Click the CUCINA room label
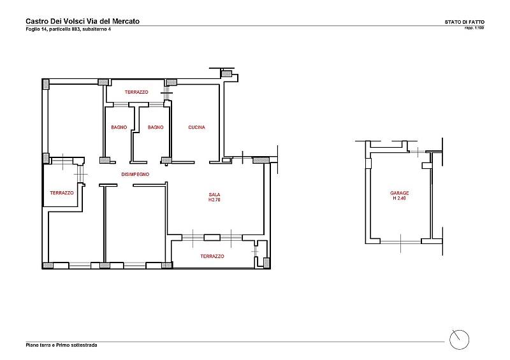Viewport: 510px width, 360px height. pos(196,127)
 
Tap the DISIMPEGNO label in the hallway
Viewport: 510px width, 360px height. pos(135,175)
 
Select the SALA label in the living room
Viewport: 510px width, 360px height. pos(214,195)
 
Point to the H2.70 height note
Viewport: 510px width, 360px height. pos(214,199)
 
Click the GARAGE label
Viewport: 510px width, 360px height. pos(400,193)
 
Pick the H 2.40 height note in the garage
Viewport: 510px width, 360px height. pos(400,198)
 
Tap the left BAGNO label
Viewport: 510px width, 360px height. pos(119,127)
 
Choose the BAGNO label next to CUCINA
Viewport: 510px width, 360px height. pos(156,127)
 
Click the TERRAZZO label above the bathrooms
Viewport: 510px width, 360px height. pos(136,92)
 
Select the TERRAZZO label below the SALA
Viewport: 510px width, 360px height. pos(212,256)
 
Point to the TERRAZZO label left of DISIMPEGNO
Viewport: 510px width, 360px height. pos(62,193)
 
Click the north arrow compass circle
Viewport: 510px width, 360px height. pos(459,340)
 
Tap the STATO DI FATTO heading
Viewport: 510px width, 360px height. pos(465,22)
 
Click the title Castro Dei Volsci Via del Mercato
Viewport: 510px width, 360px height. pos(83,21)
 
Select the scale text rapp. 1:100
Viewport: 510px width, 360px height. pos(474,27)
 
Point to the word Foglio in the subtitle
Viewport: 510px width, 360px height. pos(33,29)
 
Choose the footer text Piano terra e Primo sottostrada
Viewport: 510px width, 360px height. pos(61,345)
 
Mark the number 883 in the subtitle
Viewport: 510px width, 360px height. pos(76,29)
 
